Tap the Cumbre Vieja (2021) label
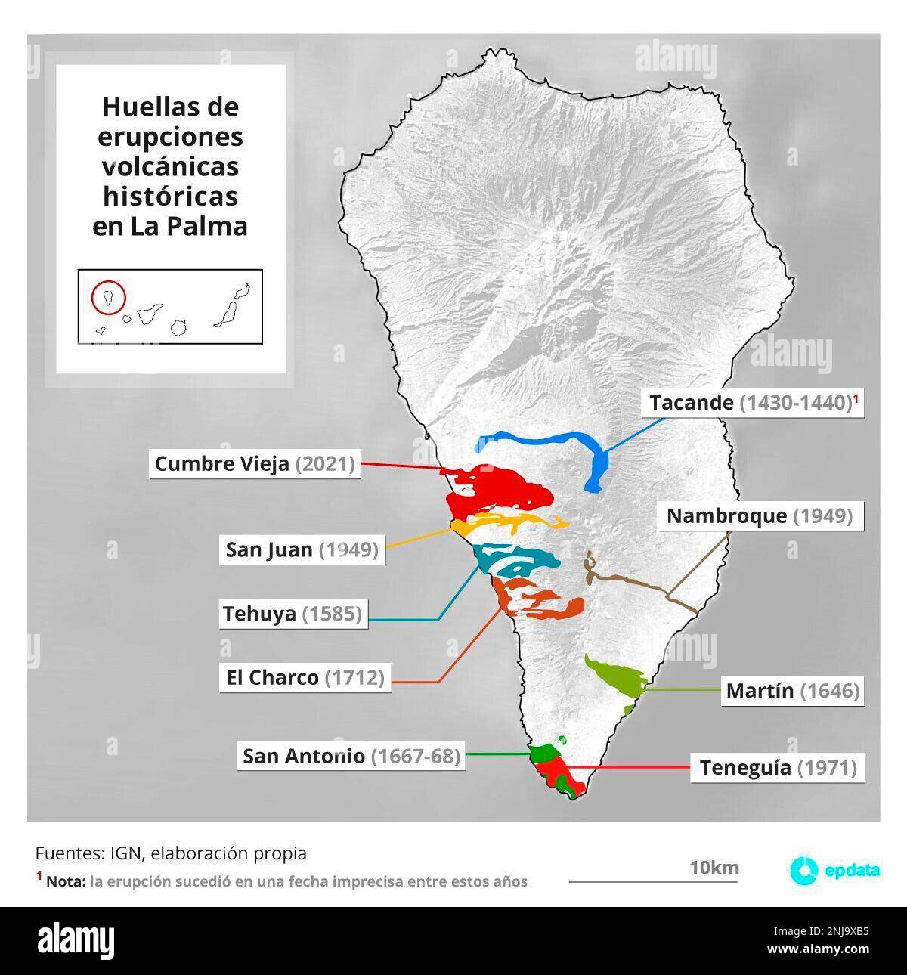pos(255,463)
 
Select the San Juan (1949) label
pos(302,549)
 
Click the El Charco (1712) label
pos(305,677)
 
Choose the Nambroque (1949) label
pos(759,516)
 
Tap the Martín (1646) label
pos(792,691)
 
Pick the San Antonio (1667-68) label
pos(351,756)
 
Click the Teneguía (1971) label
pos(778,768)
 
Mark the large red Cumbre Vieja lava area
pos(503,487)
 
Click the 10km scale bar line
pos(654,881)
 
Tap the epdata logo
pos(834,870)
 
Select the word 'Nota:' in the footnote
pos(65,881)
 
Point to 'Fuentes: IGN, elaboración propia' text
pos(171,853)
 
